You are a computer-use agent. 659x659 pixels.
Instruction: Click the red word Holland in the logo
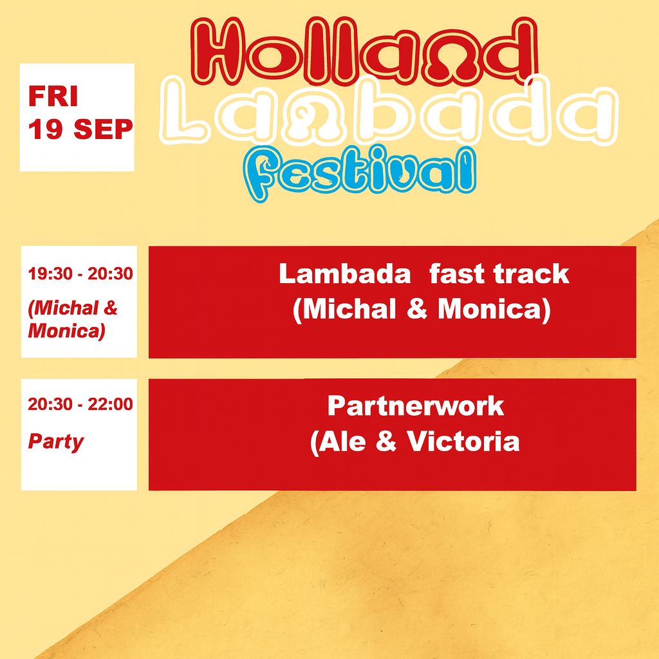[x=364, y=50]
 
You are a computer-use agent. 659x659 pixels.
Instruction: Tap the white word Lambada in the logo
[x=389, y=112]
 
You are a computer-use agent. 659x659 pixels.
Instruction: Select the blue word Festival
[x=359, y=173]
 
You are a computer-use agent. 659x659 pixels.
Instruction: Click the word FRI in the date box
[x=53, y=97]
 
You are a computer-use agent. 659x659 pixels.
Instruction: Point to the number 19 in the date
[x=46, y=129]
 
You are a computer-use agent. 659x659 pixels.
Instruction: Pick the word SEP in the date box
[x=103, y=129]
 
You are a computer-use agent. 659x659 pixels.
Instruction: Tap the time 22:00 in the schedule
[x=110, y=404]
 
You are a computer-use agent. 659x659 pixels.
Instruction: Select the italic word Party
[x=56, y=442]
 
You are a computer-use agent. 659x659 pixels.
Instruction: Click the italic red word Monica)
[x=66, y=331]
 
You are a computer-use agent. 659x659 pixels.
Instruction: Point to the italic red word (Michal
[x=63, y=308]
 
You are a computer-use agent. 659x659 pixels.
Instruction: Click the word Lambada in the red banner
[x=345, y=274]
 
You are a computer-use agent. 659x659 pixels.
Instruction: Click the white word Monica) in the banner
[x=494, y=310]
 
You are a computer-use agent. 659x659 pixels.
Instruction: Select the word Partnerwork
[x=416, y=406]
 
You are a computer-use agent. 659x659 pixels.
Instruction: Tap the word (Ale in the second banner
[x=338, y=443]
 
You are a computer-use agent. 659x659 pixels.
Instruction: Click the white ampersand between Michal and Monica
[x=417, y=309]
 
